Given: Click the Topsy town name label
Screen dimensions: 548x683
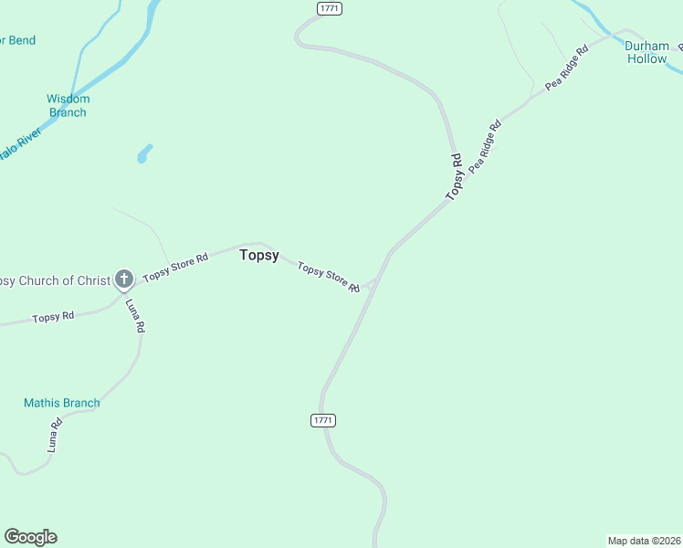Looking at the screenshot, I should [x=259, y=256].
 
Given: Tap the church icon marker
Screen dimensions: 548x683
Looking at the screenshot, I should [x=124, y=279].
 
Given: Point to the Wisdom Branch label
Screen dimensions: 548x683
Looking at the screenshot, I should [x=68, y=106].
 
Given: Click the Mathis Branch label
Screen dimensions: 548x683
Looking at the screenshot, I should [x=62, y=403].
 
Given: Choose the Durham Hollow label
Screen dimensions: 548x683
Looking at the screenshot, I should [x=647, y=52].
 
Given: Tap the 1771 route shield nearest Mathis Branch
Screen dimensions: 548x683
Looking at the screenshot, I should [x=323, y=420].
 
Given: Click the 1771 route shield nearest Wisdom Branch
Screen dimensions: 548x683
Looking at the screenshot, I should [x=330, y=8].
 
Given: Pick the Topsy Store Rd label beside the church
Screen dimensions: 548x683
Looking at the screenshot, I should [x=175, y=266].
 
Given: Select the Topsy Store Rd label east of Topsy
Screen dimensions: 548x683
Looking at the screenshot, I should [x=328, y=278].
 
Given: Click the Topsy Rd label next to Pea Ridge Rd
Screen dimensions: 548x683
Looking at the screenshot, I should [x=455, y=177].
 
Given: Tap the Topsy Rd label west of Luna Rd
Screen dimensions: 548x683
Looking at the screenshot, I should [x=53, y=317].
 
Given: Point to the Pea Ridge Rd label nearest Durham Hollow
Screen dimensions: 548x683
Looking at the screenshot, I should [x=567, y=67].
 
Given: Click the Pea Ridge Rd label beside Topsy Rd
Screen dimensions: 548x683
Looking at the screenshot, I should [x=485, y=147].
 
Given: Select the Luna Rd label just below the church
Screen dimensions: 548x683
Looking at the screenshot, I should [x=134, y=315].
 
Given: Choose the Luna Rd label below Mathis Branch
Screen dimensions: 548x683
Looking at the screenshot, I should [x=55, y=435].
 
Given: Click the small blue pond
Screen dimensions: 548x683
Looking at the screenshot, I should [x=143, y=153].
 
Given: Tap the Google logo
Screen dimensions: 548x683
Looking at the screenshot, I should [x=30, y=537].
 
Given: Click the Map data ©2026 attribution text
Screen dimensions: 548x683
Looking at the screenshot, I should [x=644, y=541].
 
